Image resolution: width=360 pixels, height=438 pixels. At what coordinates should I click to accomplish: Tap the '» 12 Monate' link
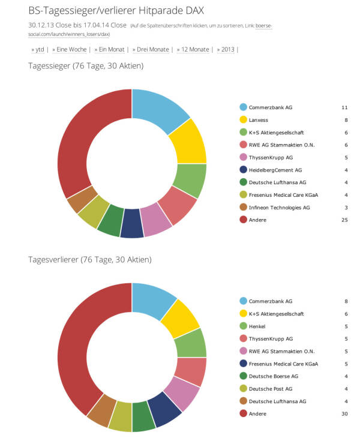click(x=193, y=49)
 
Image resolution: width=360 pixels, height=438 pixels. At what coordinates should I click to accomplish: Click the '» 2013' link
click(x=226, y=49)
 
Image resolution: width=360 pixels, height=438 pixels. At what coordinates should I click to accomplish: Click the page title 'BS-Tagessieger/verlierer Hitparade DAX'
click(x=116, y=10)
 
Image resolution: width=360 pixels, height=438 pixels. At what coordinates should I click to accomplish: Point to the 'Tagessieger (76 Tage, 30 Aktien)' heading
click(x=86, y=65)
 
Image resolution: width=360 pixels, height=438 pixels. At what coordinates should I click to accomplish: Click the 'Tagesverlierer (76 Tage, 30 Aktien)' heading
click(x=90, y=260)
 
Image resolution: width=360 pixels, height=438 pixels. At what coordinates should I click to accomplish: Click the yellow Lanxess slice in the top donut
click(x=188, y=142)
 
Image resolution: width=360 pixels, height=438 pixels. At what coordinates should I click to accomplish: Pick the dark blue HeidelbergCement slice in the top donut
click(x=132, y=229)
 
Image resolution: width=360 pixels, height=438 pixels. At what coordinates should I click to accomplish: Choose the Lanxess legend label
click(x=259, y=120)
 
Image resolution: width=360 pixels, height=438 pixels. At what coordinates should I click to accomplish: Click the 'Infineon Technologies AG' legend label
click(x=280, y=208)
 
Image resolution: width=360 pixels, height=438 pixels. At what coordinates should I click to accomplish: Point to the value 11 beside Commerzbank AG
click(x=344, y=107)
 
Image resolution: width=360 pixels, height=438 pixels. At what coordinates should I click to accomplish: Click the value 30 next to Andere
click(x=344, y=413)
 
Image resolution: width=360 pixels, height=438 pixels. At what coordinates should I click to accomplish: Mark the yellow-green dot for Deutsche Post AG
click(x=243, y=388)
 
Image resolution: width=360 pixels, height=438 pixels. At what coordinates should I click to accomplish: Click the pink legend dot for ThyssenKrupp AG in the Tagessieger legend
click(x=243, y=157)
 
